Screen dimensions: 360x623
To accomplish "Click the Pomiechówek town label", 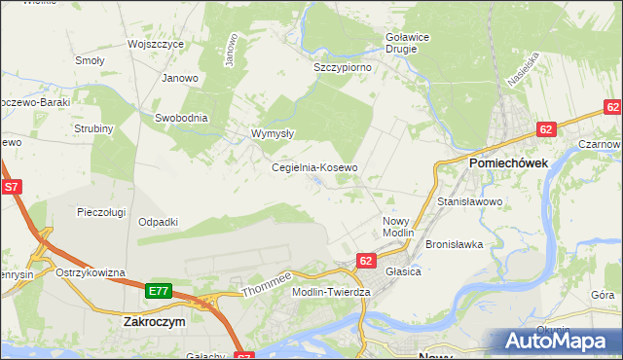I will point(508,163).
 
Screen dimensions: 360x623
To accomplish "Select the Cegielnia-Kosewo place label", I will point(314,167).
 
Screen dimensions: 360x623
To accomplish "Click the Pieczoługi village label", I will point(103,211).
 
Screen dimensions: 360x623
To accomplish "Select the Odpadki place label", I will point(158,222).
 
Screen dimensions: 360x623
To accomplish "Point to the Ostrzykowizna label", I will point(91,272).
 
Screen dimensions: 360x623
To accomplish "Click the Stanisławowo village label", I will point(469,201).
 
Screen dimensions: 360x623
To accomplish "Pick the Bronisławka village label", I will point(455,244).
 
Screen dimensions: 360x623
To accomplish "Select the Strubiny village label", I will point(94,128).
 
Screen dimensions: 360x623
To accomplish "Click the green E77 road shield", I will point(160,291).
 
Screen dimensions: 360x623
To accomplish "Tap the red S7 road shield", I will point(12,185).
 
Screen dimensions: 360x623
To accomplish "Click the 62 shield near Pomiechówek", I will point(546,128).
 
